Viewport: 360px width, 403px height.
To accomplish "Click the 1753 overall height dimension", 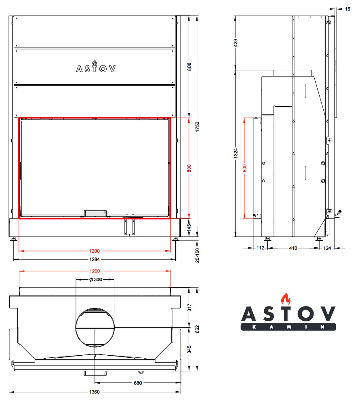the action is tap(197, 127).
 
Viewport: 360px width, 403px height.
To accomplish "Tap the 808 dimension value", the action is tap(189, 66).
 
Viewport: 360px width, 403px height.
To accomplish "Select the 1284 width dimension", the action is tap(94, 259).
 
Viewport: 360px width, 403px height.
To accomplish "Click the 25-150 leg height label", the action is tap(197, 255).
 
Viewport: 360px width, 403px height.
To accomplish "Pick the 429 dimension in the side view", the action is tap(236, 43).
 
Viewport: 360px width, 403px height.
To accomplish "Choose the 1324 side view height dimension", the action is tap(236, 153).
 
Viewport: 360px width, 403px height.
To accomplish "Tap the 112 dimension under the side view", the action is tap(260, 248).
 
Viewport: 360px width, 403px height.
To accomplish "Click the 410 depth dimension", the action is tap(293, 248).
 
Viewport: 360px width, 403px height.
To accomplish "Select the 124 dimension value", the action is tap(327, 248).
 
